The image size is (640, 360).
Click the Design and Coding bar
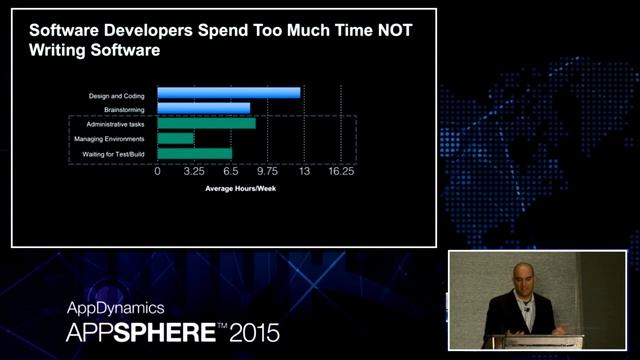(229, 93)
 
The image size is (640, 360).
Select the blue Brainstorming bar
(204, 108)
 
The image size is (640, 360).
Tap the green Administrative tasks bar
(206, 123)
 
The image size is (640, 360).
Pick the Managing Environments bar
(176, 138)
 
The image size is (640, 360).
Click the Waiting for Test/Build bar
(195, 153)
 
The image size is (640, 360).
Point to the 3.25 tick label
(194, 172)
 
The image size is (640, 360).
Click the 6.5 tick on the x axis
(231, 172)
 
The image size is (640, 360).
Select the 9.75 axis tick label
(267, 172)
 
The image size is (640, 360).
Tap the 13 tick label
(304, 172)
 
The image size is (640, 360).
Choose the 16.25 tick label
(341, 172)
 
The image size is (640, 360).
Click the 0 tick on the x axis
(158, 172)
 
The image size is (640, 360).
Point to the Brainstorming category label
(125, 108)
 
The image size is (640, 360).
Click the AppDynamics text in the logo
(115, 308)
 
